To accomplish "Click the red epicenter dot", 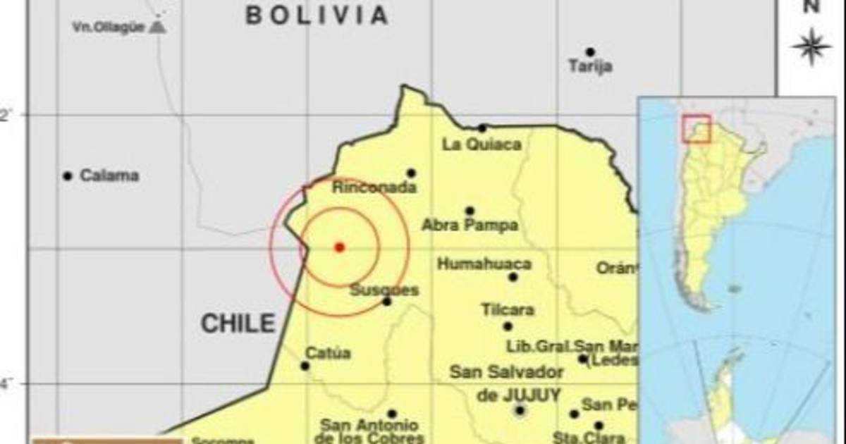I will pyautogui.click(x=339, y=247).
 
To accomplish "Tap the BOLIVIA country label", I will pyautogui.click(x=317, y=15).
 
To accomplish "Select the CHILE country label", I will pyautogui.click(x=238, y=323).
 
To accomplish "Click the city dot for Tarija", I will pyautogui.click(x=590, y=52).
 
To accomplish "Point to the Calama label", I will pyautogui.click(x=109, y=175).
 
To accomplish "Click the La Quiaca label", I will pyautogui.click(x=482, y=144).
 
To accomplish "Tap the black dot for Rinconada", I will pyautogui.click(x=411, y=173).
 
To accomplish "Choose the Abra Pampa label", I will pyautogui.click(x=470, y=226).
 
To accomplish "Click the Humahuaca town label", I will pyautogui.click(x=484, y=264).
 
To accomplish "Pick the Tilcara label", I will pyautogui.click(x=508, y=310).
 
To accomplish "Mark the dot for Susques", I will pyautogui.click(x=387, y=302).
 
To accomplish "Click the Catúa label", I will pyautogui.click(x=328, y=353).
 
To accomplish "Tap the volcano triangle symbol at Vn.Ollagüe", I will pyautogui.click(x=159, y=27).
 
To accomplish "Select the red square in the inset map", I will pyautogui.click(x=697, y=128).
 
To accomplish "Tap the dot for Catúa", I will pyautogui.click(x=305, y=366).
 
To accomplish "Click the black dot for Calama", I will pyautogui.click(x=68, y=175).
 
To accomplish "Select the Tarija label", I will pyautogui.click(x=590, y=67).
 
